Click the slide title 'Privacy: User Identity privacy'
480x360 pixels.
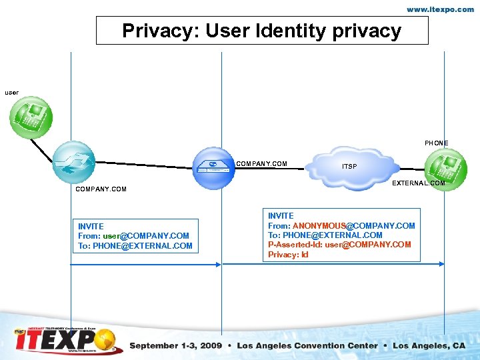point(262,31)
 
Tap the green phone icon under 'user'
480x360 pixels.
point(31,117)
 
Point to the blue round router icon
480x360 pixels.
point(73,162)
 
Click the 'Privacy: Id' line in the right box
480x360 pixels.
point(288,255)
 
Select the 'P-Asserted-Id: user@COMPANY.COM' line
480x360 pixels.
point(339,245)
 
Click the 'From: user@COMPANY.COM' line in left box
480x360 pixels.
point(133,236)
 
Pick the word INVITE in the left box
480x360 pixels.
point(91,227)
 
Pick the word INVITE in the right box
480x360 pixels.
point(281,215)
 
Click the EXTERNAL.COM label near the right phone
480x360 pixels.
point(419,183)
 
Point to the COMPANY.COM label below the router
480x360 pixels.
point(101,189)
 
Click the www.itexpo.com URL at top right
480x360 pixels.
point(441,9)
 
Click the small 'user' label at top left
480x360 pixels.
point(12,92)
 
